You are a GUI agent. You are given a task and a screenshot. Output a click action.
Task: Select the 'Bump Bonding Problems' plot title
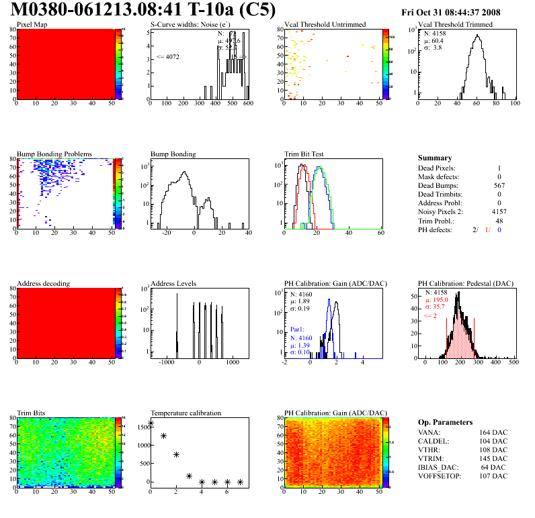point(54,154)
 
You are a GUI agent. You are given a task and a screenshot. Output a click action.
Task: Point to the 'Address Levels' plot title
point(173,284)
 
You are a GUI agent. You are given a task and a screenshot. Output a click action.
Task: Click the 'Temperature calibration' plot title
point(186,413)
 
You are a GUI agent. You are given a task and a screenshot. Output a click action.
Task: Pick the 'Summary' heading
point(434,158)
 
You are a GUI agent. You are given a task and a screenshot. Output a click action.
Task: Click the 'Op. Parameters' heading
point(445,422)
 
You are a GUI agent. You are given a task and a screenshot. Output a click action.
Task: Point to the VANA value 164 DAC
point(493,433)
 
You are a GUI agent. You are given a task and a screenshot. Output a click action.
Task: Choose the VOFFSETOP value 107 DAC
point(493,476)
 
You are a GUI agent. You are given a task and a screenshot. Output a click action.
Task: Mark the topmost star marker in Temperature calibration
point(151,423)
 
